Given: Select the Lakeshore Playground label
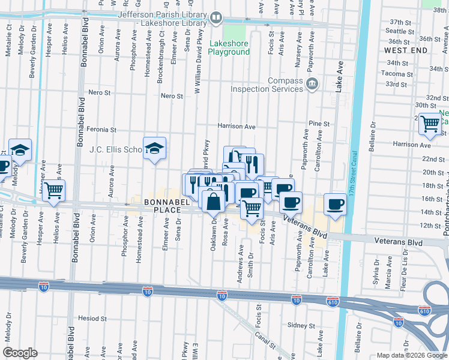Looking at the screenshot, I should click(229, 47).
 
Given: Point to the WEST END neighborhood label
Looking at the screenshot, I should click(406, 50).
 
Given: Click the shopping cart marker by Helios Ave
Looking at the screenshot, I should click(55, 191).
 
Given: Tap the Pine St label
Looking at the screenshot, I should click(319, 124).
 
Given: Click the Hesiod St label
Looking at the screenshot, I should click(92, 319).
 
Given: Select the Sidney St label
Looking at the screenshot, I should click(301, 325).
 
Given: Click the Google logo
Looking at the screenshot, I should click(20, 353).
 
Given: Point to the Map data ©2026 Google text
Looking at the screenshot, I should click(411, 355).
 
